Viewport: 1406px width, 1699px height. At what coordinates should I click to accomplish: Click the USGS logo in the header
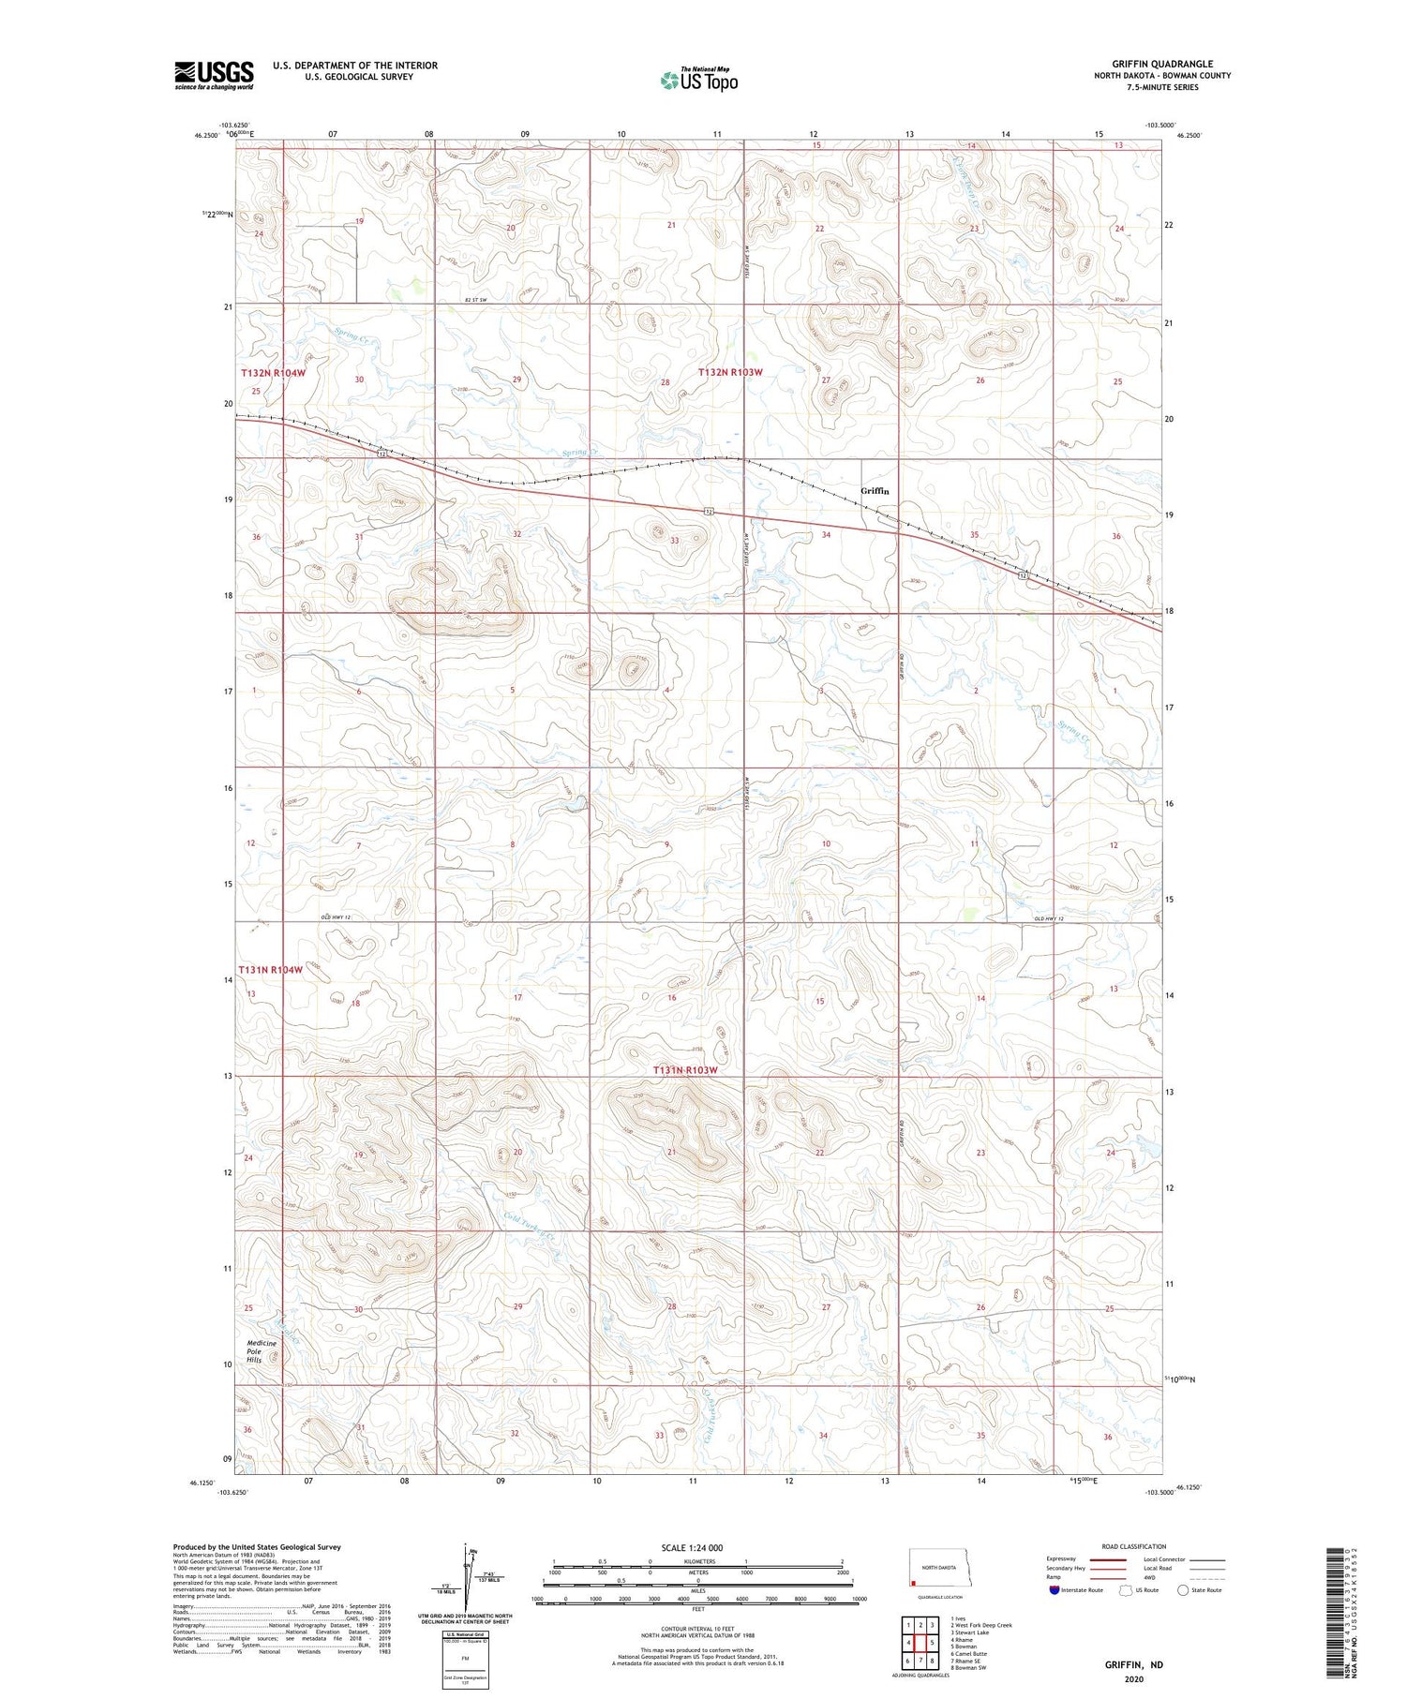click(214, 75)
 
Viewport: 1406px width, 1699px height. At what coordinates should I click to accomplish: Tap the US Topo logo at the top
click(698, 81)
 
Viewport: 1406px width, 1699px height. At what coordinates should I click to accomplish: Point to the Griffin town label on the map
click(874, 491)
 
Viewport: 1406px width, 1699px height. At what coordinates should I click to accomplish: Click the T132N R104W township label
click(274, 373)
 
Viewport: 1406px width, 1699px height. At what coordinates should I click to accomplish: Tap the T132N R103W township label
click(730, 373)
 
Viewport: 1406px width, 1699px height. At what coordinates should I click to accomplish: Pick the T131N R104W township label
click(270, 971)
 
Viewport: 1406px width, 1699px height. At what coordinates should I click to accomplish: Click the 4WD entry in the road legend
click(1152, 1577)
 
